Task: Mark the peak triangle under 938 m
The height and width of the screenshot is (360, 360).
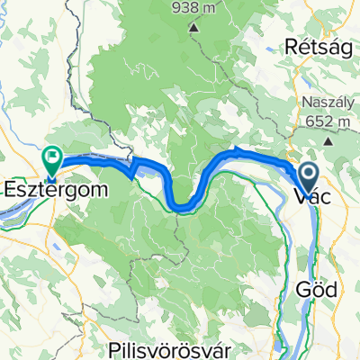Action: tap(193, 28)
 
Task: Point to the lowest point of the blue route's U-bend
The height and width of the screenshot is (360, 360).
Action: tap(183, 207)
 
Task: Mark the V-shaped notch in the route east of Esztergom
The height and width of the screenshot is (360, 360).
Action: tap(133, 171)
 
